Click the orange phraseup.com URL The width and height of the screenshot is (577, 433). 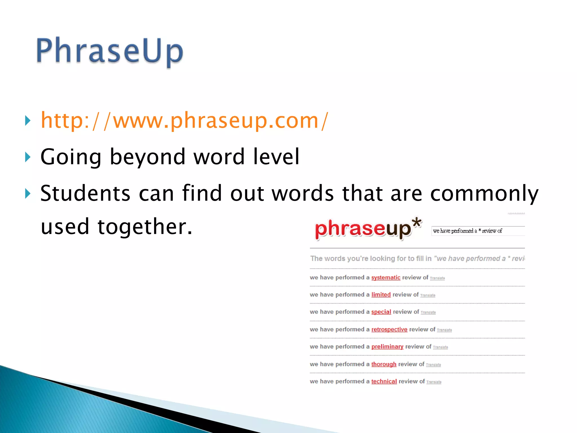(185, 121)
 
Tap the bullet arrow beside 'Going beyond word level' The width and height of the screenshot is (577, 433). (28, 157)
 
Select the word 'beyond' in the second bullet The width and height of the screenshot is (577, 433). (147, 157)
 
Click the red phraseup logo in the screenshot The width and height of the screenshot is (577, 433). (363, 229)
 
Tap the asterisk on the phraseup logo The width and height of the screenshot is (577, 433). (417, 223)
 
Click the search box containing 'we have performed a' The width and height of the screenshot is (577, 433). (478, 231)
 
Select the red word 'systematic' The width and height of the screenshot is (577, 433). (386, 278)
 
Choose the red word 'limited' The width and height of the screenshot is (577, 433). (381, 295)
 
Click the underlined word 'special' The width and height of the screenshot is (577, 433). (381, 312)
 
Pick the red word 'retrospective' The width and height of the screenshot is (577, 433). (389, 329)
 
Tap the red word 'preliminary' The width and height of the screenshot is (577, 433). (387, 346)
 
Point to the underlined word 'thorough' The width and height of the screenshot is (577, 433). (384, 364)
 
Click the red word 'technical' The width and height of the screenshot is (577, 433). (384, 381)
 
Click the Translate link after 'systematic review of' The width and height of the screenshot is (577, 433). (437, 278)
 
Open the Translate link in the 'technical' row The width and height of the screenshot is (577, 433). (434, 382)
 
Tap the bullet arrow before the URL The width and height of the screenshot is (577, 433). (28, 121)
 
